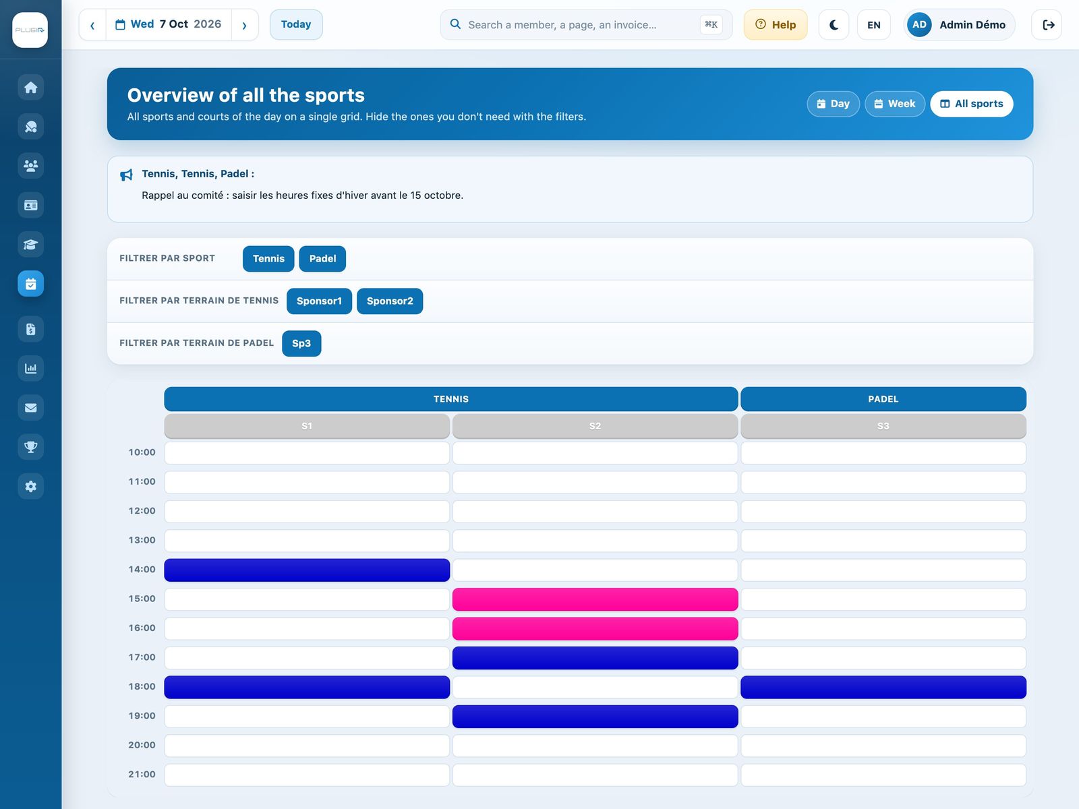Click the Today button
296,24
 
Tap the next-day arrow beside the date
244,24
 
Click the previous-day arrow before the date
92,24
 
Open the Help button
776,24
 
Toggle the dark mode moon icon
834,24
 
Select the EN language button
873,24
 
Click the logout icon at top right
1047,24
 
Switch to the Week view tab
895,104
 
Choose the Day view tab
834,104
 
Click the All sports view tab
971,104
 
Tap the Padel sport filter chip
322,258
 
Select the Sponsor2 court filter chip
390,301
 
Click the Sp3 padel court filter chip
301,343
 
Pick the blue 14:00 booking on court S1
307,570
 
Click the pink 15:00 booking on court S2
595,599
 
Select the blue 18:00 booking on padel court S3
883,687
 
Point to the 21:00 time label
142,774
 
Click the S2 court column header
595,426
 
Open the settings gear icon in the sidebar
30,486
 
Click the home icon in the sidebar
30,88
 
